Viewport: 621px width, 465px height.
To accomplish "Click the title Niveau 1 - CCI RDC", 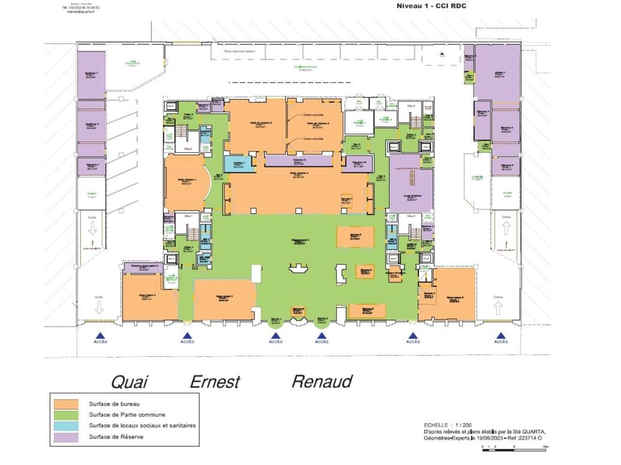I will [x=431, y=6].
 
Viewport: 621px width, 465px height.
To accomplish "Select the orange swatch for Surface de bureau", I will [x=66, y=404].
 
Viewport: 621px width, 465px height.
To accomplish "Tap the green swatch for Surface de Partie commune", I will [x=66, y=415].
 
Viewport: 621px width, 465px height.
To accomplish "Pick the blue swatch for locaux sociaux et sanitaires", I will [x=66, y=426].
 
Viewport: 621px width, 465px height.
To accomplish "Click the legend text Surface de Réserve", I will [x=116, y=437].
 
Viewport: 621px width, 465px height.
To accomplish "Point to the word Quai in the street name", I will [x=130, y=382].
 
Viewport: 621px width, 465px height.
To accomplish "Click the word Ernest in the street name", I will [x=214, y=382].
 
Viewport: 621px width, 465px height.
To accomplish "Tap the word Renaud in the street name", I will [x=322, y=382].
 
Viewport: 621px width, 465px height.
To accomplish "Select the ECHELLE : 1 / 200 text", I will [x=447, y=425].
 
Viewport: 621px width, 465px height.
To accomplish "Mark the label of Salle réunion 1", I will [x=187, y=181].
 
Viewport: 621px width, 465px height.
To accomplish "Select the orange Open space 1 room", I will [x=224, y=297].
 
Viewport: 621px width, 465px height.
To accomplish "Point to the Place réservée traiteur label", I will [x=239, y=51].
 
